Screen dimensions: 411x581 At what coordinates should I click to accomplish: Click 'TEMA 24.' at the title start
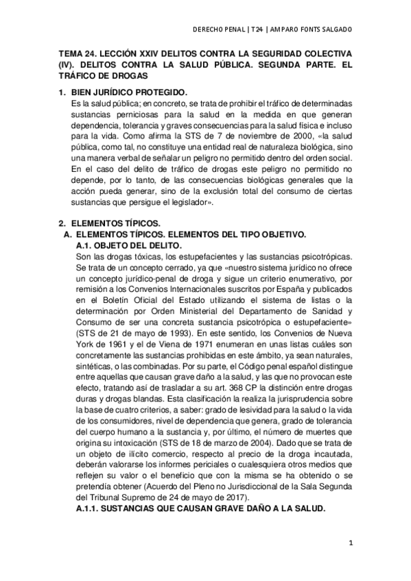pos(77,53)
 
